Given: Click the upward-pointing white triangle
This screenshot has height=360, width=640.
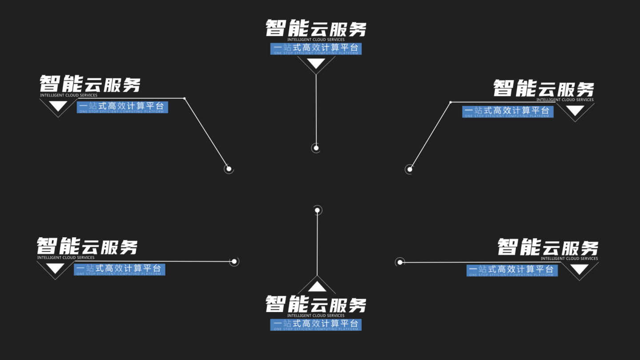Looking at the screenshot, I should coord(317,287).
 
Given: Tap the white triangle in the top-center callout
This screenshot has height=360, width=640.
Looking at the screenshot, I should coord(316,63).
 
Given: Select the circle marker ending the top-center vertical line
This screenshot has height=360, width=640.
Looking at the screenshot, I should coord(316,148).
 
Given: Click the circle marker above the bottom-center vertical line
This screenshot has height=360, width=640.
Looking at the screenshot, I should coord(317,210).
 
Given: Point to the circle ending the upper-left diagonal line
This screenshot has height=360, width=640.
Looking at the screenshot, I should coord(229,169).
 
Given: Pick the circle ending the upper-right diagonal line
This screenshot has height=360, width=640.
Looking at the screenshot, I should coord(410,169).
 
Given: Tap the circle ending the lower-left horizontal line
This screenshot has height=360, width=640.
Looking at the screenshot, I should coord(234,262).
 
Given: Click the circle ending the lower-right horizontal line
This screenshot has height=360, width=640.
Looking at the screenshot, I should coord(400,262).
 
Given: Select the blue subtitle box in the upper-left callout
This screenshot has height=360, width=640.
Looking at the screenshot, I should coord(122,107).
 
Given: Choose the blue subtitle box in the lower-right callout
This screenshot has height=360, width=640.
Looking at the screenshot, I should coord(512,270).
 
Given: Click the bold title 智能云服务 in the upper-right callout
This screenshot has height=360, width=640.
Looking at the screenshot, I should coord(544,88).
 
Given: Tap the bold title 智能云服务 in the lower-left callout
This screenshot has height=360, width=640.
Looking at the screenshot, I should coord(87,246).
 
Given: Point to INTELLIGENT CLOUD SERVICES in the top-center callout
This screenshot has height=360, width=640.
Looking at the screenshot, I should coord(316,40).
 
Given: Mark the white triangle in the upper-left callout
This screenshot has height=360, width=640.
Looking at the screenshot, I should coord(58,106).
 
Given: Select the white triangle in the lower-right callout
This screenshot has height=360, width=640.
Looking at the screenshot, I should coord(579,269).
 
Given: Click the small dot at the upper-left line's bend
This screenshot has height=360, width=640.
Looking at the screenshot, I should coord(184,98).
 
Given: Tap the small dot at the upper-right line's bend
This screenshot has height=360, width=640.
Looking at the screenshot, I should coord(451,102).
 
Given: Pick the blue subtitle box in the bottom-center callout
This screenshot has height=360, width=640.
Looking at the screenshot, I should coord(316,324).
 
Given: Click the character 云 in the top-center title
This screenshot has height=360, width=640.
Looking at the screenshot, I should coord(316,29).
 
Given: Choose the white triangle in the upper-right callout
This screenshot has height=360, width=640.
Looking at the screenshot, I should coord(575,111).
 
